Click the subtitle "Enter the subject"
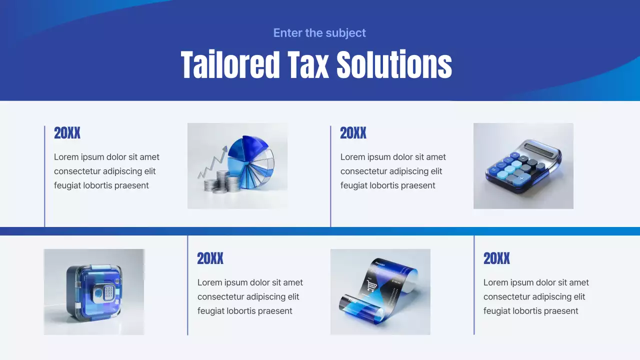click(319, 33)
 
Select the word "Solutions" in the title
click(394, 65)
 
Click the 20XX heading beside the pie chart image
click(67, 133)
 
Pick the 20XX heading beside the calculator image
click(353, 133)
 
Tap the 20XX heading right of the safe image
click(210, 258)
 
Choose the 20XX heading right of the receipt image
click(496, 258)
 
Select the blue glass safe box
click(94, 292)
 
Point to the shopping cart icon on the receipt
click(371, 286)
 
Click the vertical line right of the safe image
click(187, 285)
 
